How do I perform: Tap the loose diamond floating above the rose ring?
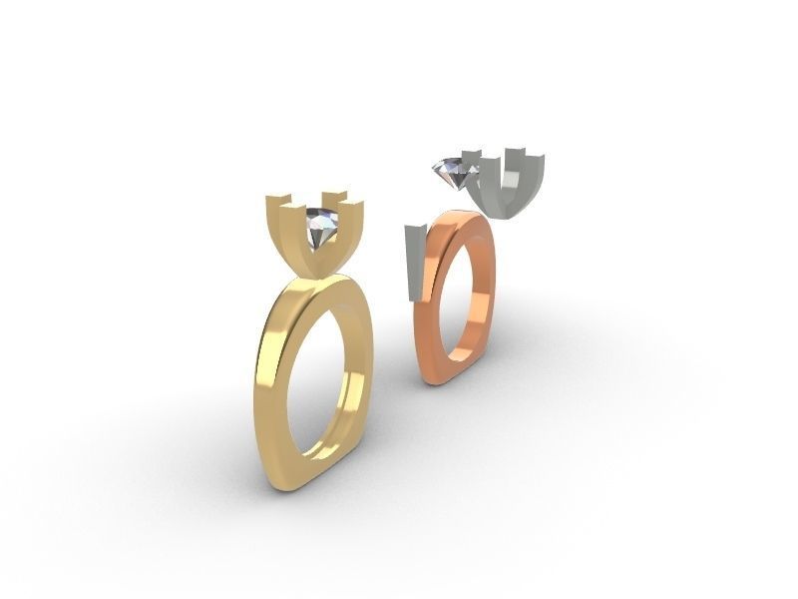click(454, 174)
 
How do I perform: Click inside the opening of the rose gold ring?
click(461, 299)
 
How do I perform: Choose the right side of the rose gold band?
click(488, 290)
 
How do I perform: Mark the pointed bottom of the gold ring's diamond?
click(317, 252)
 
